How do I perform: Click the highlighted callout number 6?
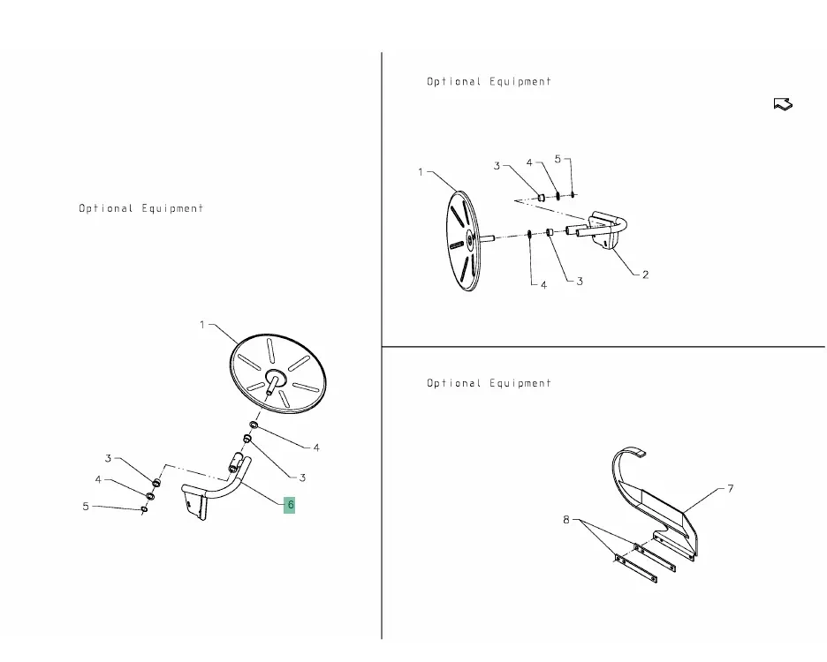[x=290, y=505]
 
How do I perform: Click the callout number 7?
[x=731, y=489]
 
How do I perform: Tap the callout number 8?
[x=566, y=520]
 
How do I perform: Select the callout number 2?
[x=645, y=275]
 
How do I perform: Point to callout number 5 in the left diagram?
[x=86, y=507]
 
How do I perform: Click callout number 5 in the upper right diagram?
[x=558, y=159]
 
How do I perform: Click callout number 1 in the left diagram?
[x=202, y=325]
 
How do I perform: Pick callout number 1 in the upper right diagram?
[x=421, y=172]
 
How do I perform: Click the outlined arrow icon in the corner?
[x=783, y=104]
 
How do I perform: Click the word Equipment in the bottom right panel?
[x=520, y=383]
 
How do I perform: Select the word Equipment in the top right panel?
[x=520, y=82]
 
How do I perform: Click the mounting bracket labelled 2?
[x=605, y=229]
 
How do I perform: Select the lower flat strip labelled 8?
[x=636, y=568]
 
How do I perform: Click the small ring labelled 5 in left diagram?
[x=145, y=508]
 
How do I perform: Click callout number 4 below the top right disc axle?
[x=543, y=284]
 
